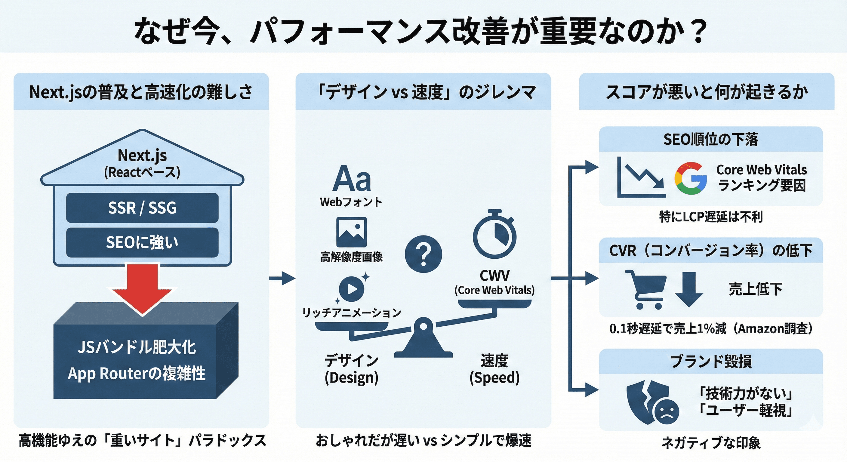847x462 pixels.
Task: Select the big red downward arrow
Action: (x=143, y=288)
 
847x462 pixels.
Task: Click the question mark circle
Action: (x=423, y=254)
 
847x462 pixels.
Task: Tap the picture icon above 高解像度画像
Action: (x=351, y=232)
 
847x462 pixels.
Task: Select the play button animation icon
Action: (x=352, y=288)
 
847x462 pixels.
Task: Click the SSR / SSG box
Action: (x=142, y=208)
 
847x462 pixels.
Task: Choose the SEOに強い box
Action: (x=142, y=242)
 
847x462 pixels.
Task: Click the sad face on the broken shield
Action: (x=667, y=412)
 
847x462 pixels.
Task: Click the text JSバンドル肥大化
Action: (x=137, y=347)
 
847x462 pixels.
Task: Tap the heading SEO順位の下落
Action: (x=710, y=140)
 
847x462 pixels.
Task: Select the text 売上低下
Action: (x=755, y=289)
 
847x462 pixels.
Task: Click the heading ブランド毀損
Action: (x=710, y=361)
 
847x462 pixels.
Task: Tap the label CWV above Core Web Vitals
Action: (x=494, y=276)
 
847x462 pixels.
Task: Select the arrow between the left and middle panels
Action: (x=282, y=278)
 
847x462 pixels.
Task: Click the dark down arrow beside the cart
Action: (x=689, y=289)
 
